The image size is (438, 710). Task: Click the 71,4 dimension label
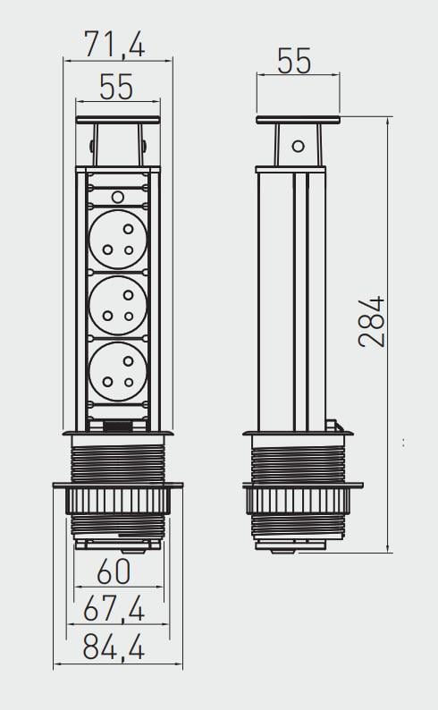[x=115, y=45]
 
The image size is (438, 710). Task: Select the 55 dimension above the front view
[x=116, y=87]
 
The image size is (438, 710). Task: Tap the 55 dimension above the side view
[x=294, y=61]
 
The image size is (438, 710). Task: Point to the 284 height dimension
[x=372, y=322]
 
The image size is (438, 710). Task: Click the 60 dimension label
[x=114, y=571]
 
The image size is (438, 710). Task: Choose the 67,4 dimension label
[x=114, y=609]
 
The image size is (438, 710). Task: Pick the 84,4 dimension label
[x=114, y=647]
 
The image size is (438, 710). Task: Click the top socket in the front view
[x=118, y=239]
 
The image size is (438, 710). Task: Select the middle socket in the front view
[x=118, y=306]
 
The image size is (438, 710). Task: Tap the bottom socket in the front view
[x=118, y=372]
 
